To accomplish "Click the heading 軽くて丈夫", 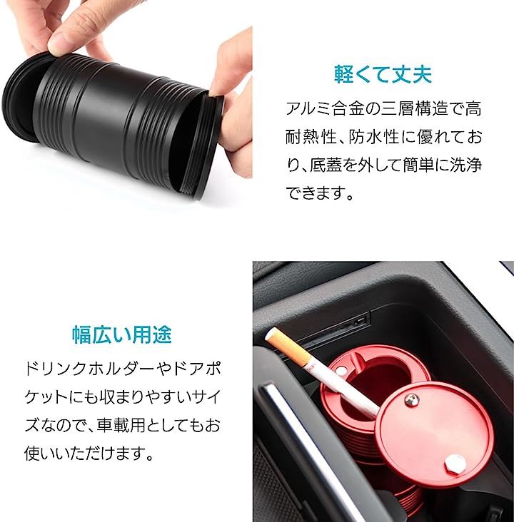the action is pos(383,74).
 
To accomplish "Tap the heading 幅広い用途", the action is pos(122,334).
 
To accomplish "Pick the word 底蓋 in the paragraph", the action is pos(325,165).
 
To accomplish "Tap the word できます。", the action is pos(319,193).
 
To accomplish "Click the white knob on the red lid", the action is pos(454,463).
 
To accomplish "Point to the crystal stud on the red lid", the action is pos(411,399).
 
